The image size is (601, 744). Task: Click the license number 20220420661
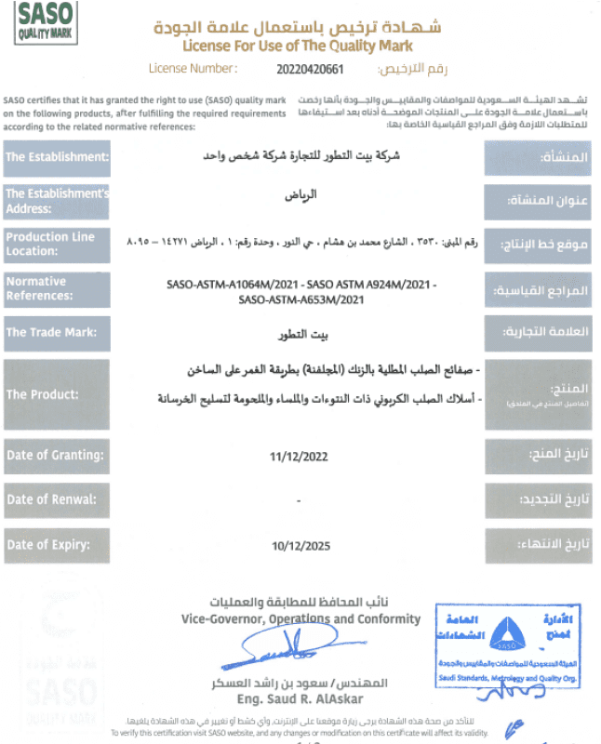(x=310, y=68)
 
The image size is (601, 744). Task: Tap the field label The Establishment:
(x=57, y=157)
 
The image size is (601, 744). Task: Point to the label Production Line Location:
(x=57, y=244)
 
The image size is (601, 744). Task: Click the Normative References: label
(x=57, y=288)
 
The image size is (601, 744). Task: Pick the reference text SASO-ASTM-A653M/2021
(x=300, y=299)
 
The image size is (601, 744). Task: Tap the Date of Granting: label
(x=57, y=455)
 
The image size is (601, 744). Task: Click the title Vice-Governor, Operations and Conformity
(x=300, y=618)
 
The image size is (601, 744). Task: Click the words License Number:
(x=193, y=68)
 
